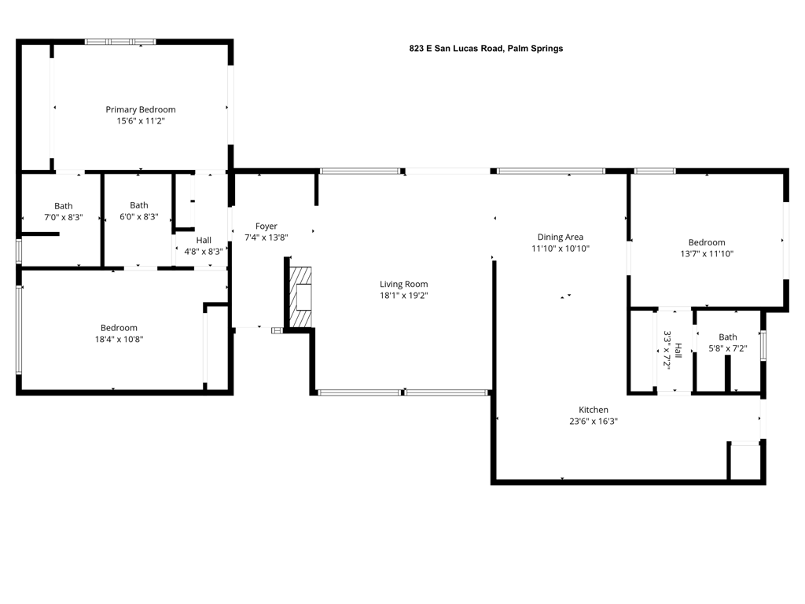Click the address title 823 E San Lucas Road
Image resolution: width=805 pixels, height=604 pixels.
coord(486,48)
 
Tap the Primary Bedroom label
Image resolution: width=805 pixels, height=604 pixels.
coord(141,109)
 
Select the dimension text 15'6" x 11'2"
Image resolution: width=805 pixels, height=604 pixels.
coord(141,121)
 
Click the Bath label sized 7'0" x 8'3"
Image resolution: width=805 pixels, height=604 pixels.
coord(64,206)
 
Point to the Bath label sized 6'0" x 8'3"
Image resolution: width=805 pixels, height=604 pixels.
coord(139,205)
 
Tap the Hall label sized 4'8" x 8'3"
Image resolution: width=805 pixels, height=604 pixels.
coord(204,241)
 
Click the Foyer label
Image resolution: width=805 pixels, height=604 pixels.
coord(266,226)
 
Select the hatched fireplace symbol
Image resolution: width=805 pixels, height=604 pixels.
coord(300,297)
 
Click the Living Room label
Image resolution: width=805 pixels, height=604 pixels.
coord(404,284)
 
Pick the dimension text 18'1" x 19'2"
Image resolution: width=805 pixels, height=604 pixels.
coord(404,296)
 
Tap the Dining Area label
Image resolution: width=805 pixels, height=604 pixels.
coord(561,237)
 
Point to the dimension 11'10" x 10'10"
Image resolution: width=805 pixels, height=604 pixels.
coord(561,249)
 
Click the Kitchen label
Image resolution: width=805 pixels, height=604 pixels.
coord(594,410)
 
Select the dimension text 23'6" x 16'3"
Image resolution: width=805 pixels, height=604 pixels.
coord(594,421)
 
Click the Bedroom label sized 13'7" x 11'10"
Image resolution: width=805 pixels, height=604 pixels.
coord(707,242)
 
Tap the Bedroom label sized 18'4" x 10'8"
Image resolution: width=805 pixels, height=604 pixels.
coord(119,328)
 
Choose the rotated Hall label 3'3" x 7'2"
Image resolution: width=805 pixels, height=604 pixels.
coord(669,350)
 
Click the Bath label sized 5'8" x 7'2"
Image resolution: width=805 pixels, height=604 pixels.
coord(728,337)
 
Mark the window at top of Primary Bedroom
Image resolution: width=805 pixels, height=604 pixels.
coord(120,42)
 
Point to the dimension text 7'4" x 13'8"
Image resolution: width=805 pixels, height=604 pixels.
coord(266,238)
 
